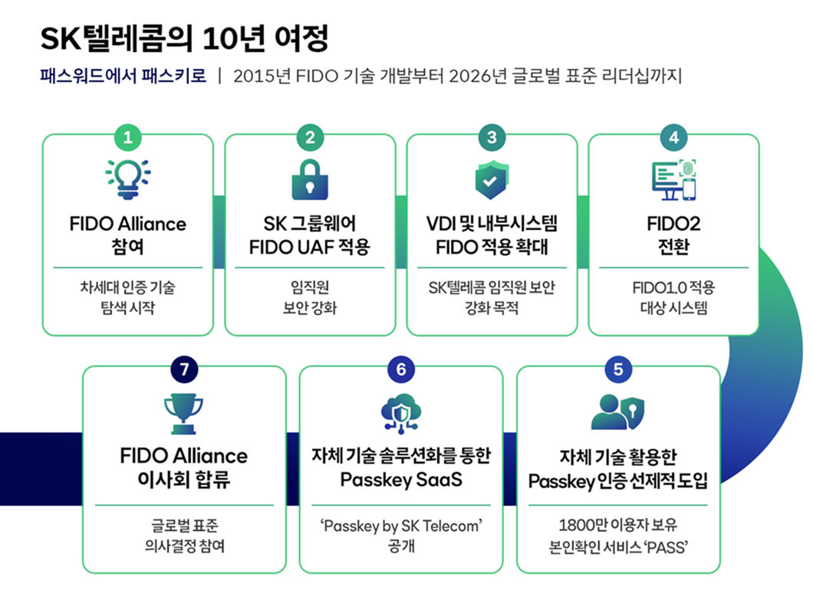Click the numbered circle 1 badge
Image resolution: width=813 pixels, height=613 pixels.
pos(127,137)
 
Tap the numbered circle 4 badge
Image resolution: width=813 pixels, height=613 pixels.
pos(673,137)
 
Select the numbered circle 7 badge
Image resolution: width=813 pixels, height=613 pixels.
pos(184,369)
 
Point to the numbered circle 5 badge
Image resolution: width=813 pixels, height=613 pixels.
pos(618,369)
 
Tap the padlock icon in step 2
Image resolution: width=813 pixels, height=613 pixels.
pos(310,179)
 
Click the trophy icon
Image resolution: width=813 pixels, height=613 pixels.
pos(184,413)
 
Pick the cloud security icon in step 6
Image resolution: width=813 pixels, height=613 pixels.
pos(401,413)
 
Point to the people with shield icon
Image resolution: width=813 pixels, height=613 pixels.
pos(618,413)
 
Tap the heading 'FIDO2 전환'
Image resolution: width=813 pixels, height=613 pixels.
pos(673,236)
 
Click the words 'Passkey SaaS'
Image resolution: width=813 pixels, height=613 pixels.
pos(401,480)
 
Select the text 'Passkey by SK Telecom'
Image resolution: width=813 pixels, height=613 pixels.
pos(401,527)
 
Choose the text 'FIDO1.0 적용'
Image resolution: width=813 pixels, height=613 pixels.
pos(673,288)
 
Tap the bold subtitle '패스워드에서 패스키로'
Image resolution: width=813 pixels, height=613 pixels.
pos(123,76)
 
